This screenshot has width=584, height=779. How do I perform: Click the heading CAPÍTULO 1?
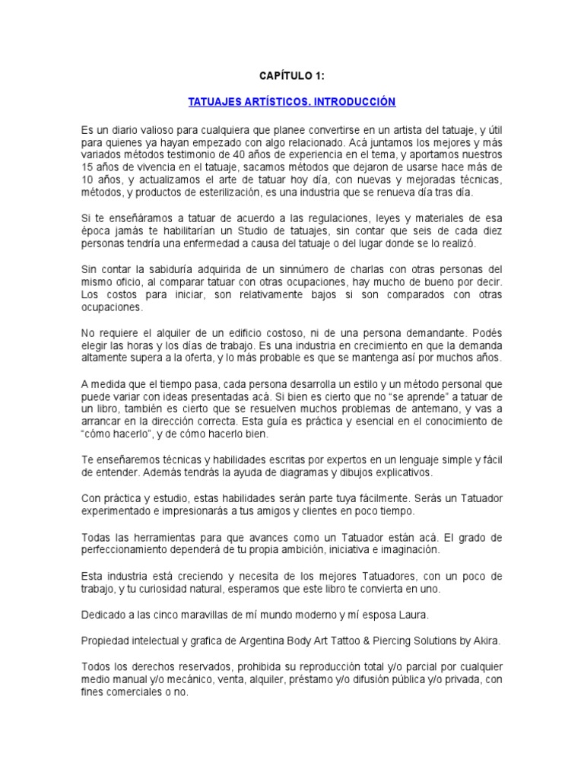[x=292, y=76]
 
